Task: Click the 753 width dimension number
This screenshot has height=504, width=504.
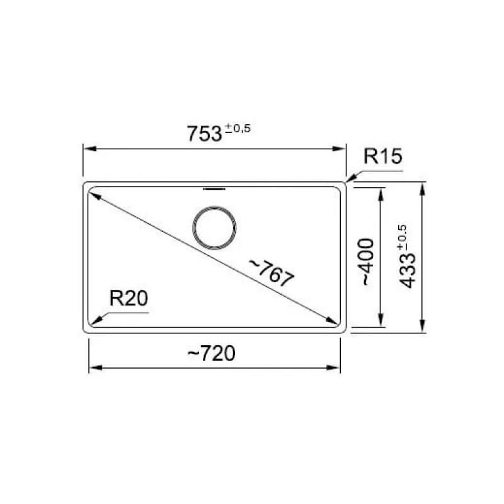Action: click(204, 134)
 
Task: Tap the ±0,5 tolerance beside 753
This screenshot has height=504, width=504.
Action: click(238, 129)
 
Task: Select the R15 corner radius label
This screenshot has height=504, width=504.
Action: click(382, 156)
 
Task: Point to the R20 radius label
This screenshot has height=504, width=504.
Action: click(129, 298)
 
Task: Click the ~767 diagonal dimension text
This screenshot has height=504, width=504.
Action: click(272, 273)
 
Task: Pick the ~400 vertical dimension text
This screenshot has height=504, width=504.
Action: click(368, 261)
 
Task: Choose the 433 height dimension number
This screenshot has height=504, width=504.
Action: click(407, 271)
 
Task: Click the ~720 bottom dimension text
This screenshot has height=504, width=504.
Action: click(211, 353)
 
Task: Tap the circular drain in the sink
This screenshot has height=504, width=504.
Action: click(214, 227)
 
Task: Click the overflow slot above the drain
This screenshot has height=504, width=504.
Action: click(214, 189)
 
